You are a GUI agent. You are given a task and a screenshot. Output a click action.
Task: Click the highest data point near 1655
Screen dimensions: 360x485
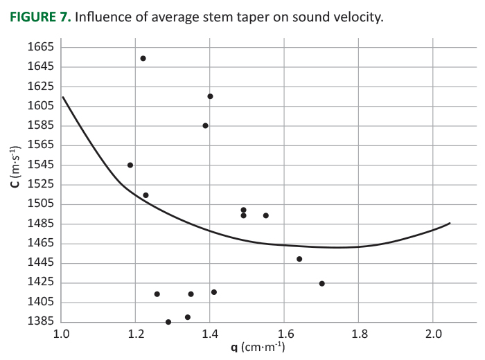[x=143, y=58]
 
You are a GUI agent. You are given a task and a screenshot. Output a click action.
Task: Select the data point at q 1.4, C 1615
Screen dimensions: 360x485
[x=210, y=96]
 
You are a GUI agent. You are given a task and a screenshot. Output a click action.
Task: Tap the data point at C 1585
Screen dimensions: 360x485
[x=205, y=125]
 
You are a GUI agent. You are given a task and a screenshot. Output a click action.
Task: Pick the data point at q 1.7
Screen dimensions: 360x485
[x=321, y=283]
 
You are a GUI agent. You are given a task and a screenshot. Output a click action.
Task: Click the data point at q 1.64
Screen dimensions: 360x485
[x=299, y=259]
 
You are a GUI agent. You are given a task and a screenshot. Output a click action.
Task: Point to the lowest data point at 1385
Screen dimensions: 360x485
[x=168, y=322]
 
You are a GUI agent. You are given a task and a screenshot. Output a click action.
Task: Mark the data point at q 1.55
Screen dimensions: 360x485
[x=265, y=215]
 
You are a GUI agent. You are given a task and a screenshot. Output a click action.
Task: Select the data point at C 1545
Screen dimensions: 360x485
[x=130, y=165]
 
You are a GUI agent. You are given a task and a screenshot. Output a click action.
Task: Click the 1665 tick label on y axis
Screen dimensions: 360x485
[x=40, y=47]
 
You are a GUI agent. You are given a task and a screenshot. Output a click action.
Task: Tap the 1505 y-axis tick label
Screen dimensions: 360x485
[x=40, y=204]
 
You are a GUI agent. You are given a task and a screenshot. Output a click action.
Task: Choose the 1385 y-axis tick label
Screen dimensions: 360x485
[x=40, y=321]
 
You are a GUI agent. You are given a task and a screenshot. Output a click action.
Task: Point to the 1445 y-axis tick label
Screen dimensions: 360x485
[x=40, y=262]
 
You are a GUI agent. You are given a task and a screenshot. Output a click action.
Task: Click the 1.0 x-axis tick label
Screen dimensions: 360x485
[x=61, y=334]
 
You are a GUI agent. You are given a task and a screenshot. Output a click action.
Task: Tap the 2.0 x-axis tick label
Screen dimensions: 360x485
[x=432, y=334]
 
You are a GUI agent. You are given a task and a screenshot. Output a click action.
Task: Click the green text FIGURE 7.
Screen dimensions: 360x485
[x=41, y=17]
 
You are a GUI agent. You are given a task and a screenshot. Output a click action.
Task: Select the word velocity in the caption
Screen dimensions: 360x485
[x=357, y=17]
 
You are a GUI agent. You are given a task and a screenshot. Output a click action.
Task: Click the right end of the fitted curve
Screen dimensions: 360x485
[x=450, y=223]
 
